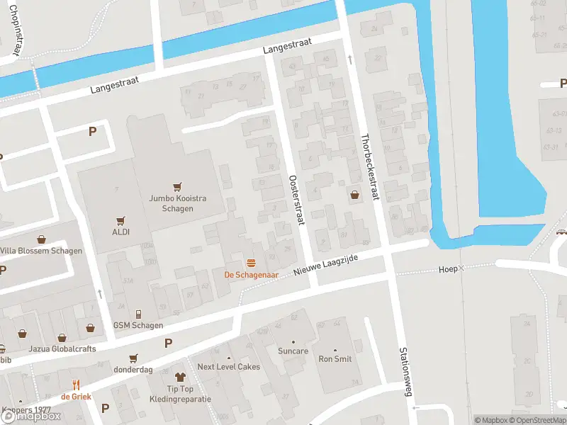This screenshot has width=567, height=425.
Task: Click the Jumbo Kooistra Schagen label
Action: (x=178, y=203)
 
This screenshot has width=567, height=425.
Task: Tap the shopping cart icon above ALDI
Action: (x=121, y=221)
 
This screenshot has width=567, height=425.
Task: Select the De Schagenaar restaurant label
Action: (x=250, y=274)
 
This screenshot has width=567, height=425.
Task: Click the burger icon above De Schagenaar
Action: (x=250, y=263)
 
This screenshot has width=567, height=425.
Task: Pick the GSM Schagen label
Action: (x=138, y=325)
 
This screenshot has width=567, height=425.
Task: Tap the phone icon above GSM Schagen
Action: (x=138, y=314)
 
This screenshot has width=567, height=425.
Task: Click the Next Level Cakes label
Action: (x=228, y=367)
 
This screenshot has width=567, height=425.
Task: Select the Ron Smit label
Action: (x=335, y=359)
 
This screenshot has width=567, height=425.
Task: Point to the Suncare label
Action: (x=293, y=351)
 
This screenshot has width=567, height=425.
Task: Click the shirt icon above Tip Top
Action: (x=180, y=378)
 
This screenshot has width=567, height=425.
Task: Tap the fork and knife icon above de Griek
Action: (x=76, y=385)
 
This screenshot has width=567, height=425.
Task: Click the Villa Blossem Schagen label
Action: (x=40, y=251)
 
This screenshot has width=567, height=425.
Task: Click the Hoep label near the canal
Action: (x=448, y=269)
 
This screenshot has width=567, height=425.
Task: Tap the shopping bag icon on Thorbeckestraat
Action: (x=354, y=195)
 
